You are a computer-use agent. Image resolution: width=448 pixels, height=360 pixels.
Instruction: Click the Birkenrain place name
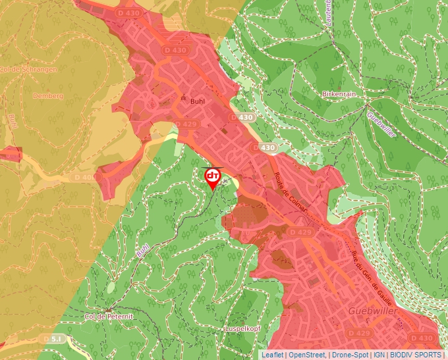[339, 94]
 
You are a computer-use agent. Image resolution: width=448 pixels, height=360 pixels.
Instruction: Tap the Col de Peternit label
[109, 317]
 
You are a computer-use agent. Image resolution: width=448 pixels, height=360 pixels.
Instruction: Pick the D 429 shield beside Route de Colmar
[300, 232]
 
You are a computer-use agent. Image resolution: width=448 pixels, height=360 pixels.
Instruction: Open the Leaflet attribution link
[273, 355]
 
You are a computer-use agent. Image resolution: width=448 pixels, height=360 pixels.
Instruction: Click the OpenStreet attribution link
[307, 355]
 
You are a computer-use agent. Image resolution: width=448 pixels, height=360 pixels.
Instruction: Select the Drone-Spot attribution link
[350, 355]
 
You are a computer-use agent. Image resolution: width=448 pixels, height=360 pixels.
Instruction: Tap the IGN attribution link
[379, 355]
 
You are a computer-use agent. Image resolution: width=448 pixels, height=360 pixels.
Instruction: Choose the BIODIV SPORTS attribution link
[415, 355]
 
